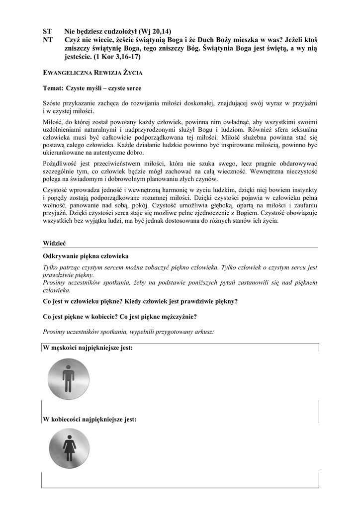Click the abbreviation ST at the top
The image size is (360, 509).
pyautogui.click(x=48, y=31)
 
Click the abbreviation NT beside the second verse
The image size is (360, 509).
pyautogui.click(x=48, y=40)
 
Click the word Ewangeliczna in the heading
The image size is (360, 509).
pyautogui.click(x=68, y=73)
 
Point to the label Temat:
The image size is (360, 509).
pyautogui.click(x=53, y=88)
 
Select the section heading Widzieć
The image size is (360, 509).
pyautogui.click(x=55, y=244)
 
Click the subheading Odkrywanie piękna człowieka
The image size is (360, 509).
pyautogui.click(x=86, y=256)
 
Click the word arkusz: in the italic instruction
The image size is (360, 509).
pyautogui.click(x=203, y=332)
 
